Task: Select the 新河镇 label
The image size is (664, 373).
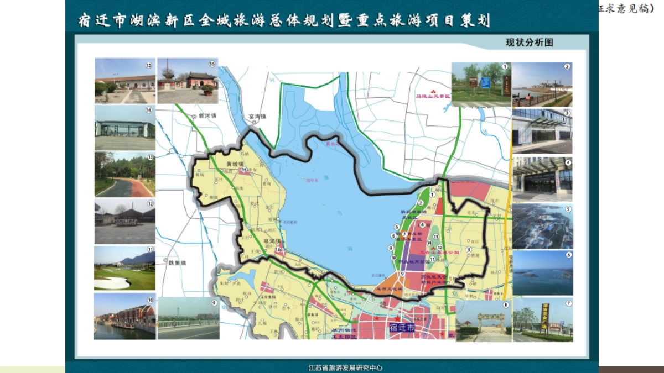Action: tap(205, 117)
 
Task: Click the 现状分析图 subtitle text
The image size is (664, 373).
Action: tap(529, 43)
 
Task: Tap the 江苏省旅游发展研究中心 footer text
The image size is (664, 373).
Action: tap(345, 367)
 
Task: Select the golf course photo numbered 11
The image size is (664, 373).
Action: tap(124, 268)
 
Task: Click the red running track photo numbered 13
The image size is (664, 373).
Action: tap(124, 175)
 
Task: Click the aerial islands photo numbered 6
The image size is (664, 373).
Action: tap(542, 273)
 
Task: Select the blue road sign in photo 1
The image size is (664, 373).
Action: tap(485, 83)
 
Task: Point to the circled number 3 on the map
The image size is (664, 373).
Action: tap(469, 249)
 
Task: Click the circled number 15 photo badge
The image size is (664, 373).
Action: tap(149, 65)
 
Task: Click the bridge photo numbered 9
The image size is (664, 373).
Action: tap(189, 319)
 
